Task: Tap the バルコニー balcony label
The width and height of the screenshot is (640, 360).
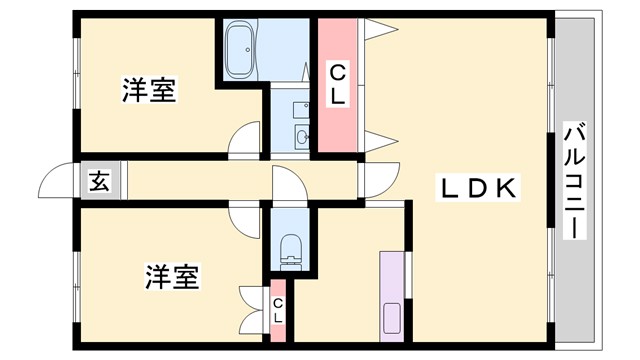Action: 574,181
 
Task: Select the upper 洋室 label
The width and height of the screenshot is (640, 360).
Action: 150,90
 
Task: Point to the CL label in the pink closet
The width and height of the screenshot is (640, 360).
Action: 339,84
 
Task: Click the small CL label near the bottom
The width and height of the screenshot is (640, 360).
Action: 278,311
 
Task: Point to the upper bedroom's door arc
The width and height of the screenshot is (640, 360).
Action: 244,142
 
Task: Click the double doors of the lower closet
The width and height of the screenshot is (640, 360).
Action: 251,310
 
